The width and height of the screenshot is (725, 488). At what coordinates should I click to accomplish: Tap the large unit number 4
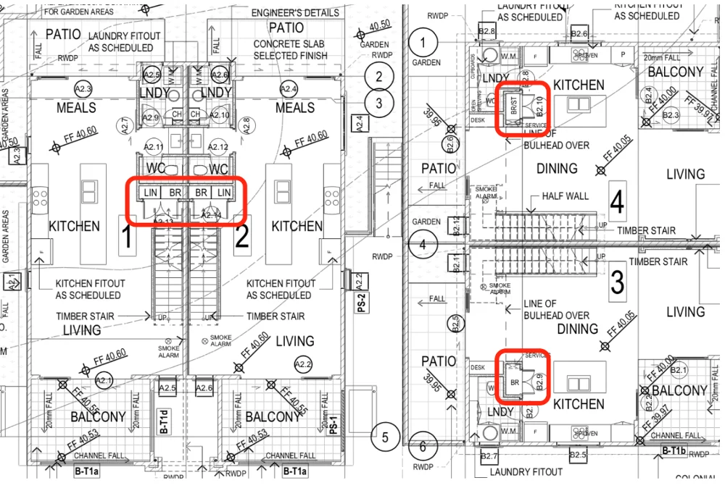click(616, 203)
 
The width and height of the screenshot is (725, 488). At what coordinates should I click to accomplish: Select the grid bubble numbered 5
click(386, 437)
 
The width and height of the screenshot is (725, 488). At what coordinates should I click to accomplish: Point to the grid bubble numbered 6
click(423, 444)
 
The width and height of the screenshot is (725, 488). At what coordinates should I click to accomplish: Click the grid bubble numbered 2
click(378, 75)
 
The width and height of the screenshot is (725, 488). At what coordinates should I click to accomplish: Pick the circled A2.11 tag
click(154, 148)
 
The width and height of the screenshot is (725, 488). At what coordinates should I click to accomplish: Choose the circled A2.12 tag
click(218, 148)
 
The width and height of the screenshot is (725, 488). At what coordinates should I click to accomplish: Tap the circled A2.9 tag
click(151, 117)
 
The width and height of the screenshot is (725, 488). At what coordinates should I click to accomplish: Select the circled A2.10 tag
click(222, 116)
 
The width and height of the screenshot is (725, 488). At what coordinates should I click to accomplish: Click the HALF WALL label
click(565, 196)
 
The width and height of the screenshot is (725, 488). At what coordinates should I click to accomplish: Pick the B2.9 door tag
click(539, 379)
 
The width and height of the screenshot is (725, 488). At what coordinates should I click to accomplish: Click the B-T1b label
click(674, 451)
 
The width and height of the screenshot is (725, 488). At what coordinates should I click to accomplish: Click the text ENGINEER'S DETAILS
click(295, 13)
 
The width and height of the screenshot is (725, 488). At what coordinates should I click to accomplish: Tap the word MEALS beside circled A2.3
click(76, 108)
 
